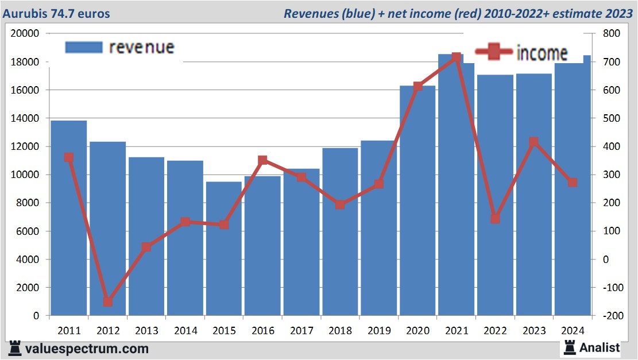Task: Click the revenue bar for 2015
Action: click(x=224, y=249)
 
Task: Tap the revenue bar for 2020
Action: click(x=417, y=200)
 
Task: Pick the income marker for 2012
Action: click(x=107, y=301)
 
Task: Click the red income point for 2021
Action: click(x=457, y=57)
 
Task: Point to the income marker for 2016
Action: click(x=262, y=160)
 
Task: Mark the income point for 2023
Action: click(x=534, y=142)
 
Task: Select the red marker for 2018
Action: click(x=340, y=204)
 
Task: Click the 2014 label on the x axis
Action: click(x=185, y=331)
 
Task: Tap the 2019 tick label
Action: click(x=379, y=331)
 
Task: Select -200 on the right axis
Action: click(x=610, y=316)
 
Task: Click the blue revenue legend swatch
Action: click(x=84, y=47)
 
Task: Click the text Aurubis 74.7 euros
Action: click(x=56, y=13)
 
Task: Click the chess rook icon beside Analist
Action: click(x=570, y=347)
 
